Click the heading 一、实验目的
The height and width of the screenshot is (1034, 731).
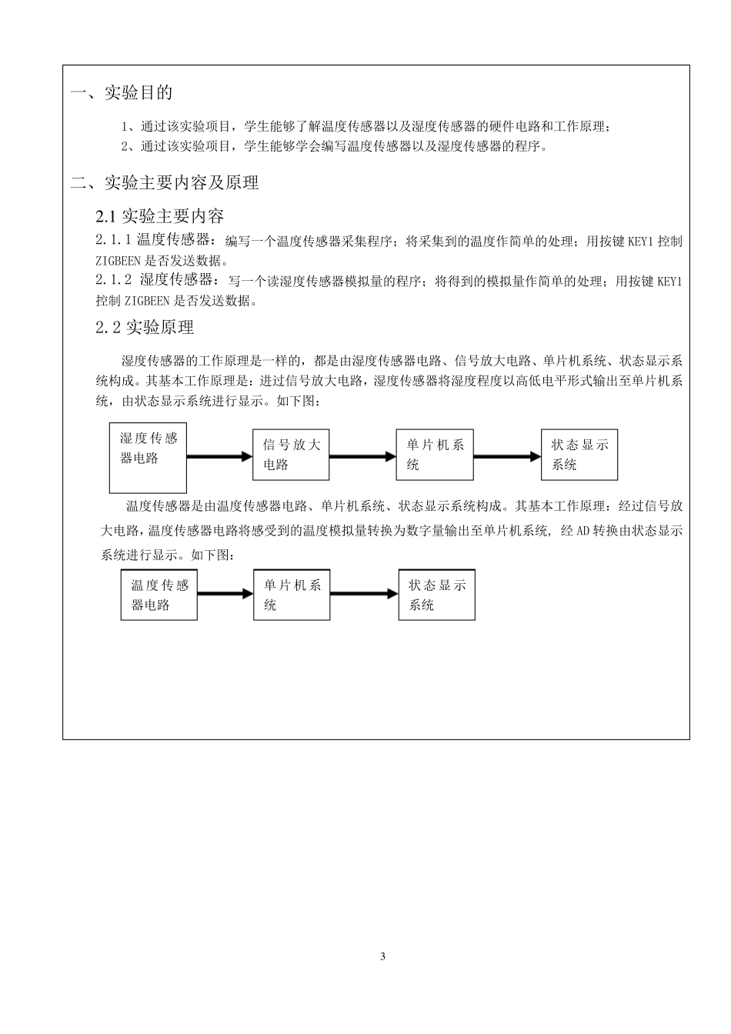[x=122, y=93]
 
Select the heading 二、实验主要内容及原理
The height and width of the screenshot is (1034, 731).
[x=165, y=183]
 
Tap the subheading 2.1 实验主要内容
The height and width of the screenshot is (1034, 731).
[x=159, y=216]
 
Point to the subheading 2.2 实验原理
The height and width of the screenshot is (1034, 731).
[x=145, y=328]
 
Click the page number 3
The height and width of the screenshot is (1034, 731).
[x=382, y=956]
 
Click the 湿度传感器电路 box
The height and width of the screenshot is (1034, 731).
[x=148, y=458]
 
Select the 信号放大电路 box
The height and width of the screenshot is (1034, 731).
[x=291, y=455]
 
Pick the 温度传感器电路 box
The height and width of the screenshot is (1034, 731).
[x=159, y=595]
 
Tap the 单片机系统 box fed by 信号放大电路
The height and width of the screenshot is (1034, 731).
[x=435, y=455]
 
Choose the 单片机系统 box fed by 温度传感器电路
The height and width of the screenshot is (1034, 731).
[x=292, y=595]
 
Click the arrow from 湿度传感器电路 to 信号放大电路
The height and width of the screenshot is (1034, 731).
[x=220, y=457]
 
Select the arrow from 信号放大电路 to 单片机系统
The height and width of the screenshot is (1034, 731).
[x=362, y=457]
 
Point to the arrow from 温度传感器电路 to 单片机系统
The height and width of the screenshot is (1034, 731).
[x=225, y=594]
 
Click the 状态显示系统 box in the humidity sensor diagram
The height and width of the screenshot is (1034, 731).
[x=579, y=455]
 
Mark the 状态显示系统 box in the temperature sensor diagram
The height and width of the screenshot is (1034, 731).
[x=436, y=595]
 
